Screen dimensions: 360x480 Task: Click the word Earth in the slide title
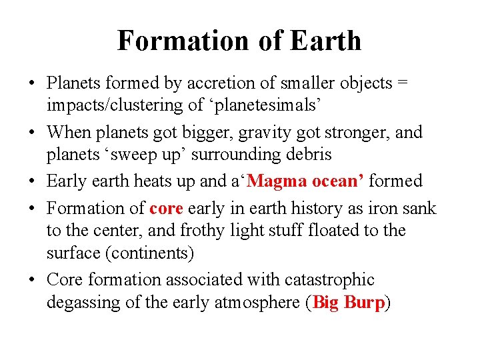point(326,41)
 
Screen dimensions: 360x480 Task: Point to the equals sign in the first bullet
point(403,83)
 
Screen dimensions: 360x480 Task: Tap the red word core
point(166,209)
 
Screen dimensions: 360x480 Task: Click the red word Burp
point(365,303)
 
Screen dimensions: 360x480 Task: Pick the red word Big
point(326,303)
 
